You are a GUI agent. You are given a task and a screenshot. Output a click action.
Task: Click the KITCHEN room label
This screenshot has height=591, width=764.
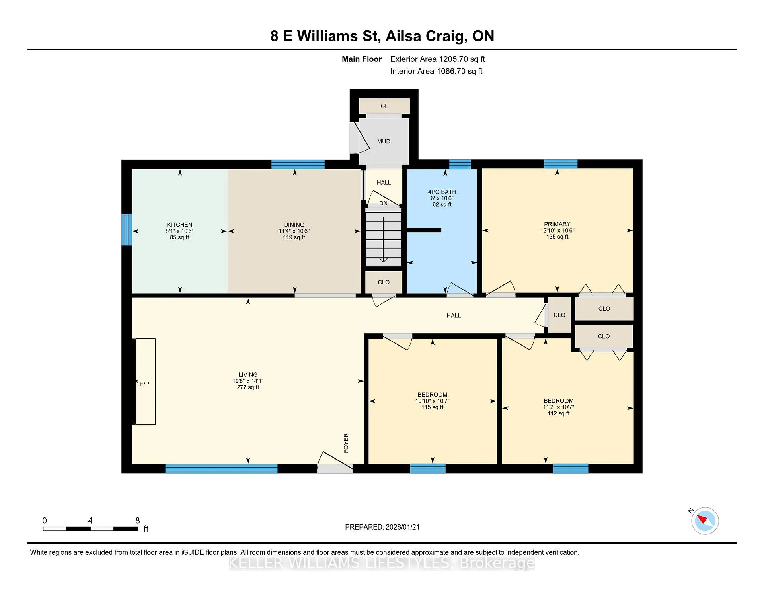[x=179, y=225]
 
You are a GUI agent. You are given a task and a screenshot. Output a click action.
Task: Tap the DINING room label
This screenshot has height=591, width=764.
[x=294, y=225]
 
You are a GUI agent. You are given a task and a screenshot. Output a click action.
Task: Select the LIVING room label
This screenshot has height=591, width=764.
[x=248, y=374]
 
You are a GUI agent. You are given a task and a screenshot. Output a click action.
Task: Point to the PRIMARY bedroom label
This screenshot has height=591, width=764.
[x=557, y=224]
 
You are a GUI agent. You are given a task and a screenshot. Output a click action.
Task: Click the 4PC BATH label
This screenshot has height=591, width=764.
[x=442, y=192]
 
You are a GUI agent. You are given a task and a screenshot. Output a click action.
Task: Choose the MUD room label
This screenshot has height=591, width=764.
[x=384, y=141]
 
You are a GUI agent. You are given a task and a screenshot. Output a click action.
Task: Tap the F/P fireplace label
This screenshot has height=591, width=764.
[x=144, y=384]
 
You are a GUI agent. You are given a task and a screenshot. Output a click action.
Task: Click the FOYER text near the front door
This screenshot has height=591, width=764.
[x=346, y=443]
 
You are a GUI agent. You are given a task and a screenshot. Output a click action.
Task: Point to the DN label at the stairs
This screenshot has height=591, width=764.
[x=383, y=203]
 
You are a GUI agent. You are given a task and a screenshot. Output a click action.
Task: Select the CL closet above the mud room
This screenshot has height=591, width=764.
[x=384, y=106]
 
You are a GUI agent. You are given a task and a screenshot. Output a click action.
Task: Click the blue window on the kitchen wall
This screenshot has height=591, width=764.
[x=127, y=230]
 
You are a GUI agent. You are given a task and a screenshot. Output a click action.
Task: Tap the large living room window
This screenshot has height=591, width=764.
[x=221, y=469]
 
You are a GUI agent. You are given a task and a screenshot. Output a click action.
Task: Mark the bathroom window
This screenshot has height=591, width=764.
[x=460, y=164]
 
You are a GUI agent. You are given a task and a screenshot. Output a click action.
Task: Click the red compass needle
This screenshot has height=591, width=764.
[x=701, y=519]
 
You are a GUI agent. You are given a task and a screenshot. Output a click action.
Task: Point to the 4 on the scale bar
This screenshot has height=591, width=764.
[x=90, y=521]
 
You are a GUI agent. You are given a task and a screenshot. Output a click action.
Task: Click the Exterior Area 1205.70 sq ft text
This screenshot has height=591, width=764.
[x=437, y=59]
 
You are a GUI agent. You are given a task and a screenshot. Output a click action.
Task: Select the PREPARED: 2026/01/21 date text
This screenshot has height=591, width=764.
[x=382, y=527]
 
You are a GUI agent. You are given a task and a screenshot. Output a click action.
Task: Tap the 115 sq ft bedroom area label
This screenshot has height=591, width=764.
[x=432, y=407]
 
